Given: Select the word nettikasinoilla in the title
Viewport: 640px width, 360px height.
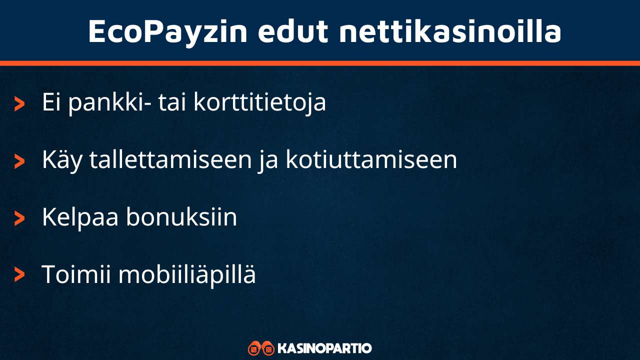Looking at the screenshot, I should [450, 31].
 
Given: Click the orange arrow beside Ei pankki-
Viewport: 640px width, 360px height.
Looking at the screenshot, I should [19, 103].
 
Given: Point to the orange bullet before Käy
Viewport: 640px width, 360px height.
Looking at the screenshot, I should [19, 161].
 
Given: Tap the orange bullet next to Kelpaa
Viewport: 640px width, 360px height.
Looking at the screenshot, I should [19, 218].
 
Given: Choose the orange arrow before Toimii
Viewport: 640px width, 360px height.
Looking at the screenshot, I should [19, 274].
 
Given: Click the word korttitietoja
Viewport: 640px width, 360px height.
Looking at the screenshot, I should [259, 102].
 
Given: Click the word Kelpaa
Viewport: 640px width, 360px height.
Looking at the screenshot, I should [80, 217].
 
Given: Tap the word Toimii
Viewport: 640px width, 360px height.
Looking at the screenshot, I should [75, 274].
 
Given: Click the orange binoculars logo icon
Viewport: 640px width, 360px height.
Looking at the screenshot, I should [261, 348].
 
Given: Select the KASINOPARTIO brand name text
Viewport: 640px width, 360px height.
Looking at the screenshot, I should [324, 348].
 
